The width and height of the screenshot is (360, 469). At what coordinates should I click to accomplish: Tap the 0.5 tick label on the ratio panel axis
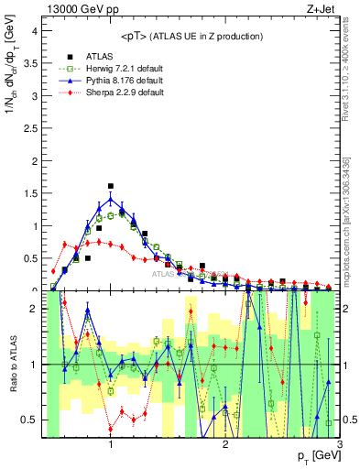tap(30, 420)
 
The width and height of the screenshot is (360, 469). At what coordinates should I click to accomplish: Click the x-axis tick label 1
tap(111, 444)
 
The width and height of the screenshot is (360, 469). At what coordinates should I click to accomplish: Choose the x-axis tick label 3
tap(339, 444)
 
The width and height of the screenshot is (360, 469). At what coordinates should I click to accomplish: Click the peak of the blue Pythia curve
tap(111, 199)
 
